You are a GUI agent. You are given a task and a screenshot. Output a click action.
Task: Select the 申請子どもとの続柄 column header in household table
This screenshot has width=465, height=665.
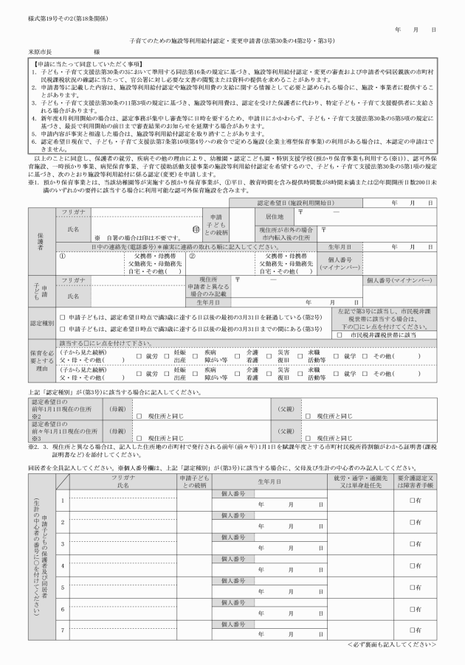pos(195,481)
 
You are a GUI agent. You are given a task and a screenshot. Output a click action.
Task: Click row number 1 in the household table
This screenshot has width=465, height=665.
pos(63,501)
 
